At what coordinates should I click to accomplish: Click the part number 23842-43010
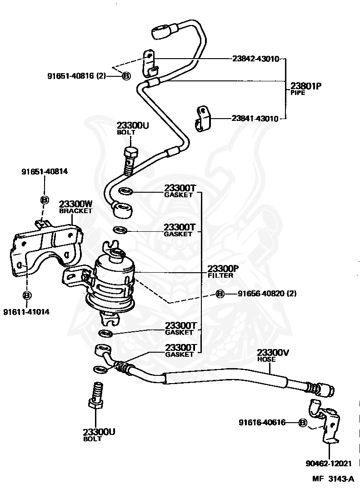[255, 59]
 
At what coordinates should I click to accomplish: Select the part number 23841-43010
[255, 118]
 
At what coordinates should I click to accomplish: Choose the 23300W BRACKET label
[75, 207]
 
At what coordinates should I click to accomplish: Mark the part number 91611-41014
[26, 312]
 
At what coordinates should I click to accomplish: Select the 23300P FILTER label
[223, 271]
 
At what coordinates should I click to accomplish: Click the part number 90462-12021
[329, 464]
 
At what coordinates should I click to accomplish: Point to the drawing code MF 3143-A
[332, 479]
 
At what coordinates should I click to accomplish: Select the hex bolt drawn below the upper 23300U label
[130, 160]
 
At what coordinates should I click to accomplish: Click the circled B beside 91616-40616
[303, 423]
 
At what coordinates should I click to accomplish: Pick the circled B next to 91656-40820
[220, 294]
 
